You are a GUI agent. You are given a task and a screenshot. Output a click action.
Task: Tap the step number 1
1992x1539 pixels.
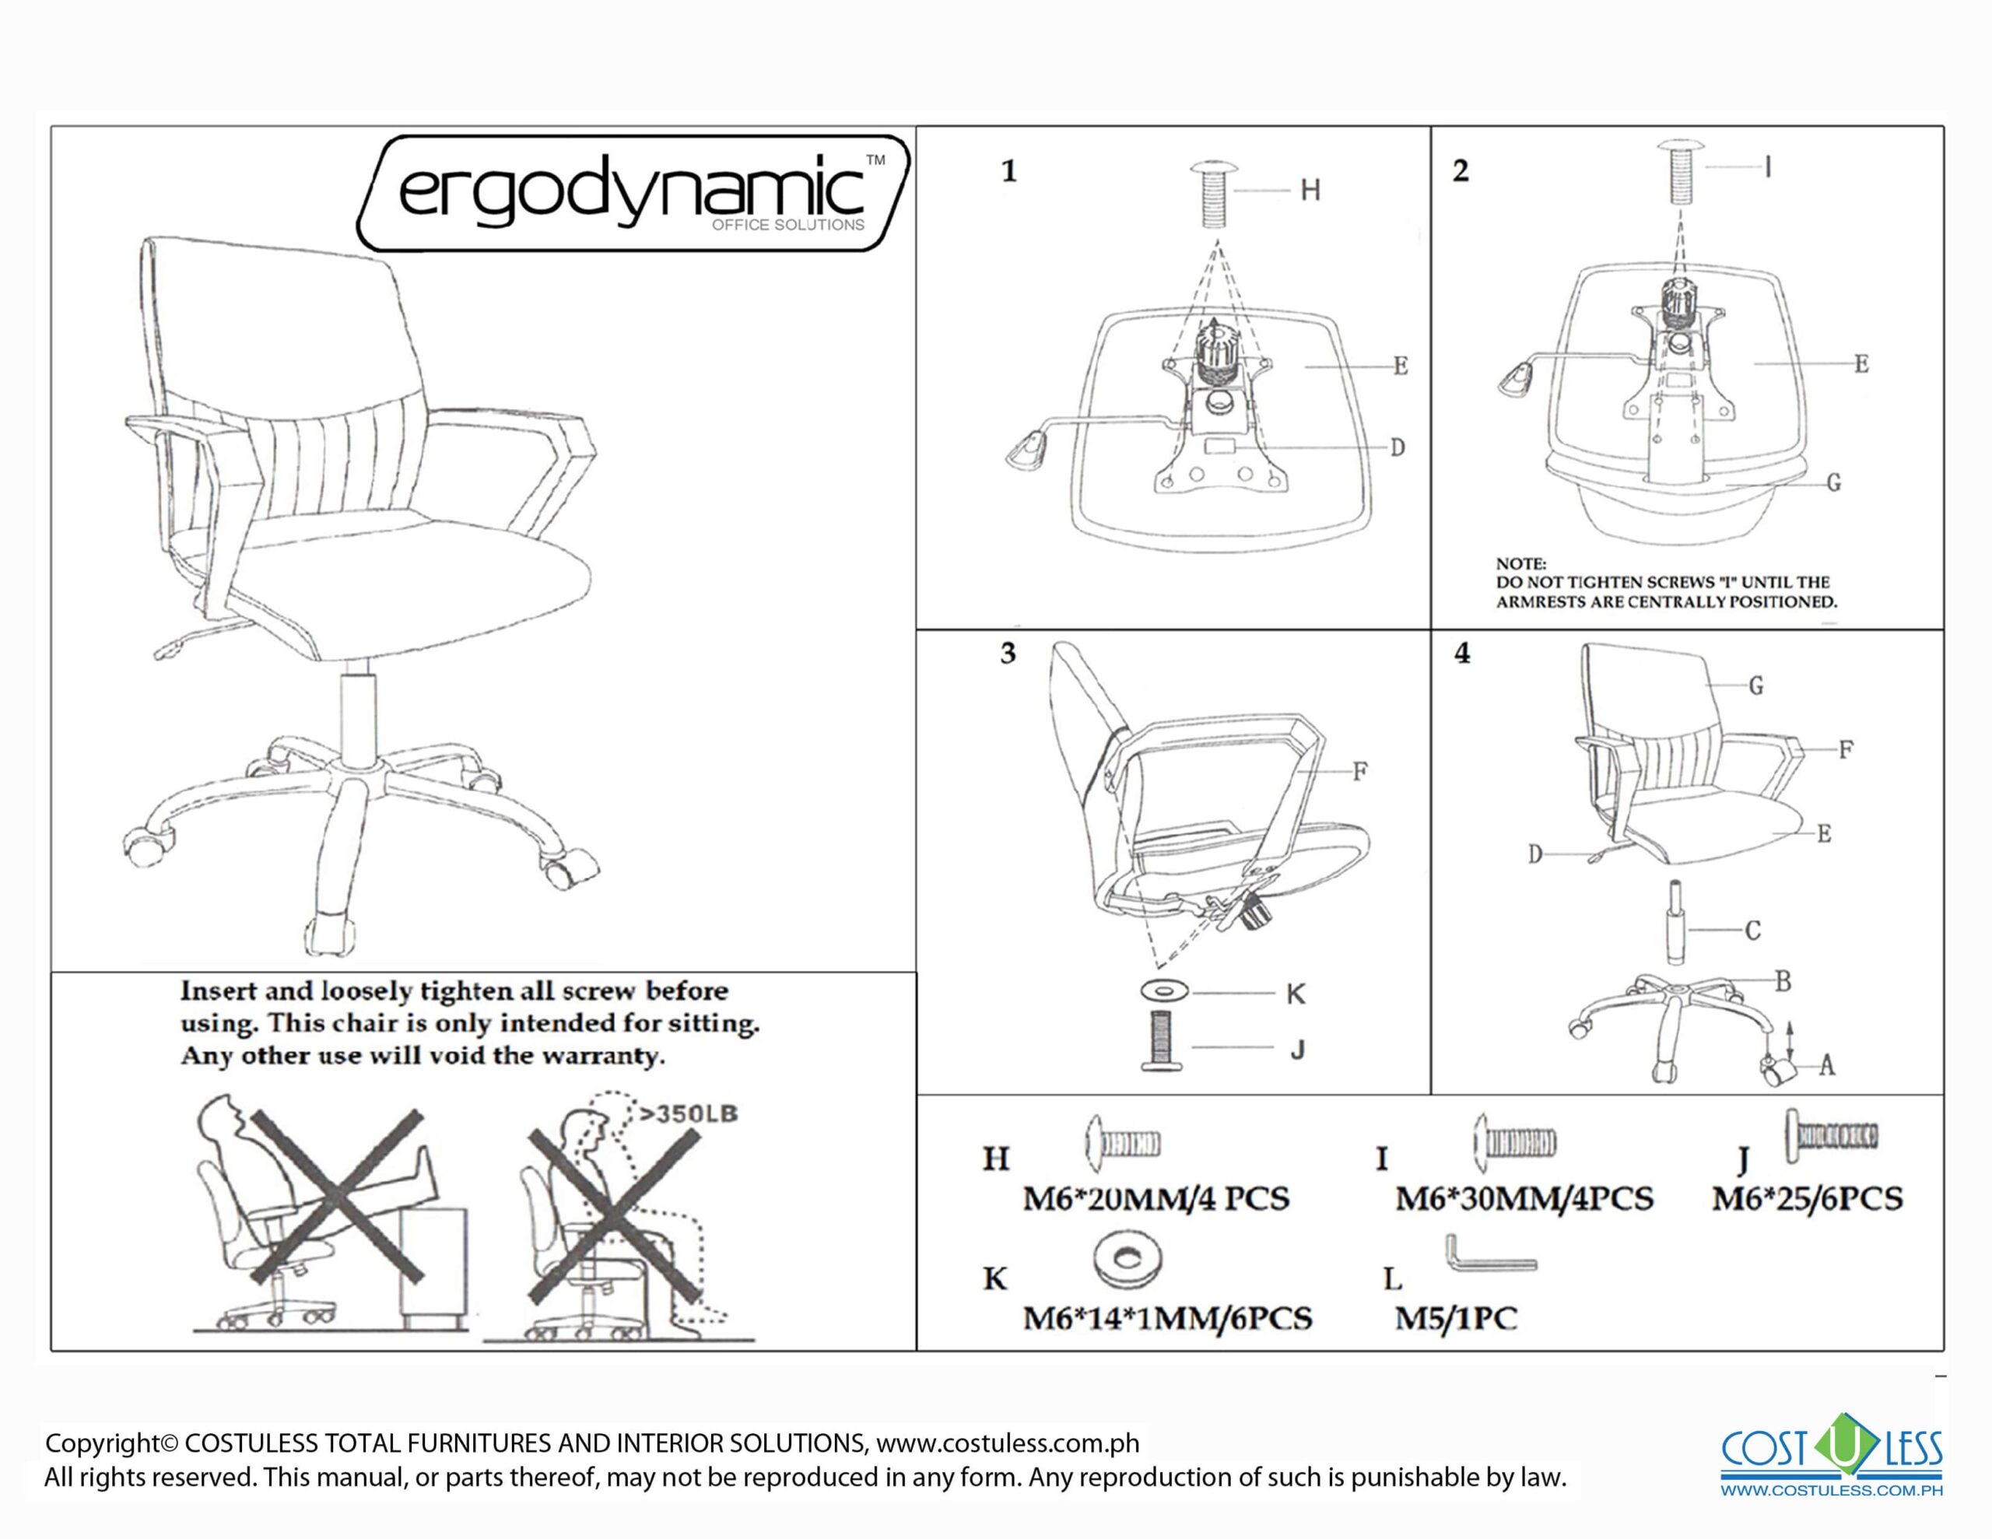click(1008, 171)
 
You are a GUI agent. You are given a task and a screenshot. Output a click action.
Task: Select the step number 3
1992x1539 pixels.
click(1008, 654)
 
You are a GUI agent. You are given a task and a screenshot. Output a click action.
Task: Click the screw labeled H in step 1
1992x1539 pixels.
click(1212, 195)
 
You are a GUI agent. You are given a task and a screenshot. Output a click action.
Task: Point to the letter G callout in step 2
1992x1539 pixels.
click(1833, 482)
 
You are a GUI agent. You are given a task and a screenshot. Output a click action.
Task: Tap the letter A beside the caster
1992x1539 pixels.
click(1826, 1064)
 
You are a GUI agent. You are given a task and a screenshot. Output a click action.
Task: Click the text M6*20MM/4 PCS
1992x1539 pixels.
click(1156, 1197)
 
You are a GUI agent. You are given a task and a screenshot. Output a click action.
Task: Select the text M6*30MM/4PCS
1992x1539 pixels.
click(1524, 1197)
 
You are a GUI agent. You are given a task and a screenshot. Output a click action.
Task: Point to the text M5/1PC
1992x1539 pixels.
click(1456, 1318)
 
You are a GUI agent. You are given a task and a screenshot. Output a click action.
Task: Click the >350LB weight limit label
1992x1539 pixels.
click(688, 1114)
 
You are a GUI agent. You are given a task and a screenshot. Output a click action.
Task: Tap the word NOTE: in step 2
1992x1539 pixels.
click(1520, 564)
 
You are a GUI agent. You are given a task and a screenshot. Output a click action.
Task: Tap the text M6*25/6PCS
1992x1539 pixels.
click(1807, 1197)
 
